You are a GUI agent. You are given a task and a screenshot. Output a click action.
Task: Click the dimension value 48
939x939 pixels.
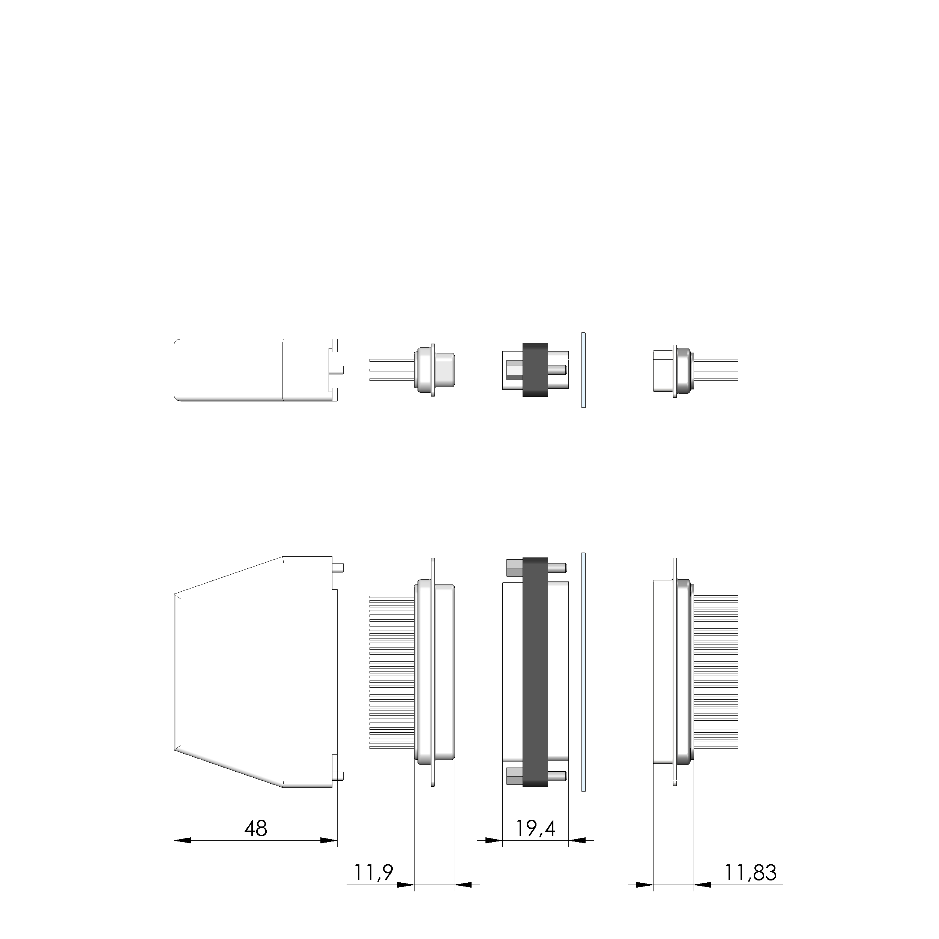[255, 829]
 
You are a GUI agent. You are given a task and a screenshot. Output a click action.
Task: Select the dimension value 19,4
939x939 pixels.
[535, 828]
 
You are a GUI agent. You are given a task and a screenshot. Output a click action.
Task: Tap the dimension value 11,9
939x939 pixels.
[373, 873]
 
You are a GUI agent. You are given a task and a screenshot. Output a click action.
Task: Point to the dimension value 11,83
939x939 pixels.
[750, 873]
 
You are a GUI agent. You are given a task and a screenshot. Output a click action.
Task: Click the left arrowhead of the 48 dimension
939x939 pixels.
[182, 840]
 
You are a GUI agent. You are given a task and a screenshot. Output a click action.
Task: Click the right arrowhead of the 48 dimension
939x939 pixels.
[329, 840]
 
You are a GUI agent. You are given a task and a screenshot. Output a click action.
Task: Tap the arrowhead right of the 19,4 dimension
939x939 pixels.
[577, 840]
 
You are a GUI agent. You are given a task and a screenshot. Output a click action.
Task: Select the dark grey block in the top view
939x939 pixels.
[535, 370]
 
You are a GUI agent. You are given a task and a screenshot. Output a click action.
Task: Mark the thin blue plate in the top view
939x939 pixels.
[583, 370]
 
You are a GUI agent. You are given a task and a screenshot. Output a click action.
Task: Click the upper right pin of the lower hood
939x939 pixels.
[340, 568]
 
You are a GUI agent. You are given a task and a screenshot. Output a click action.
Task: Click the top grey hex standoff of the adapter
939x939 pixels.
[514, 568]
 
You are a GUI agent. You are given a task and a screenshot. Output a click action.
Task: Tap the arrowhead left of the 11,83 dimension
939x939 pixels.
[645, 885]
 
